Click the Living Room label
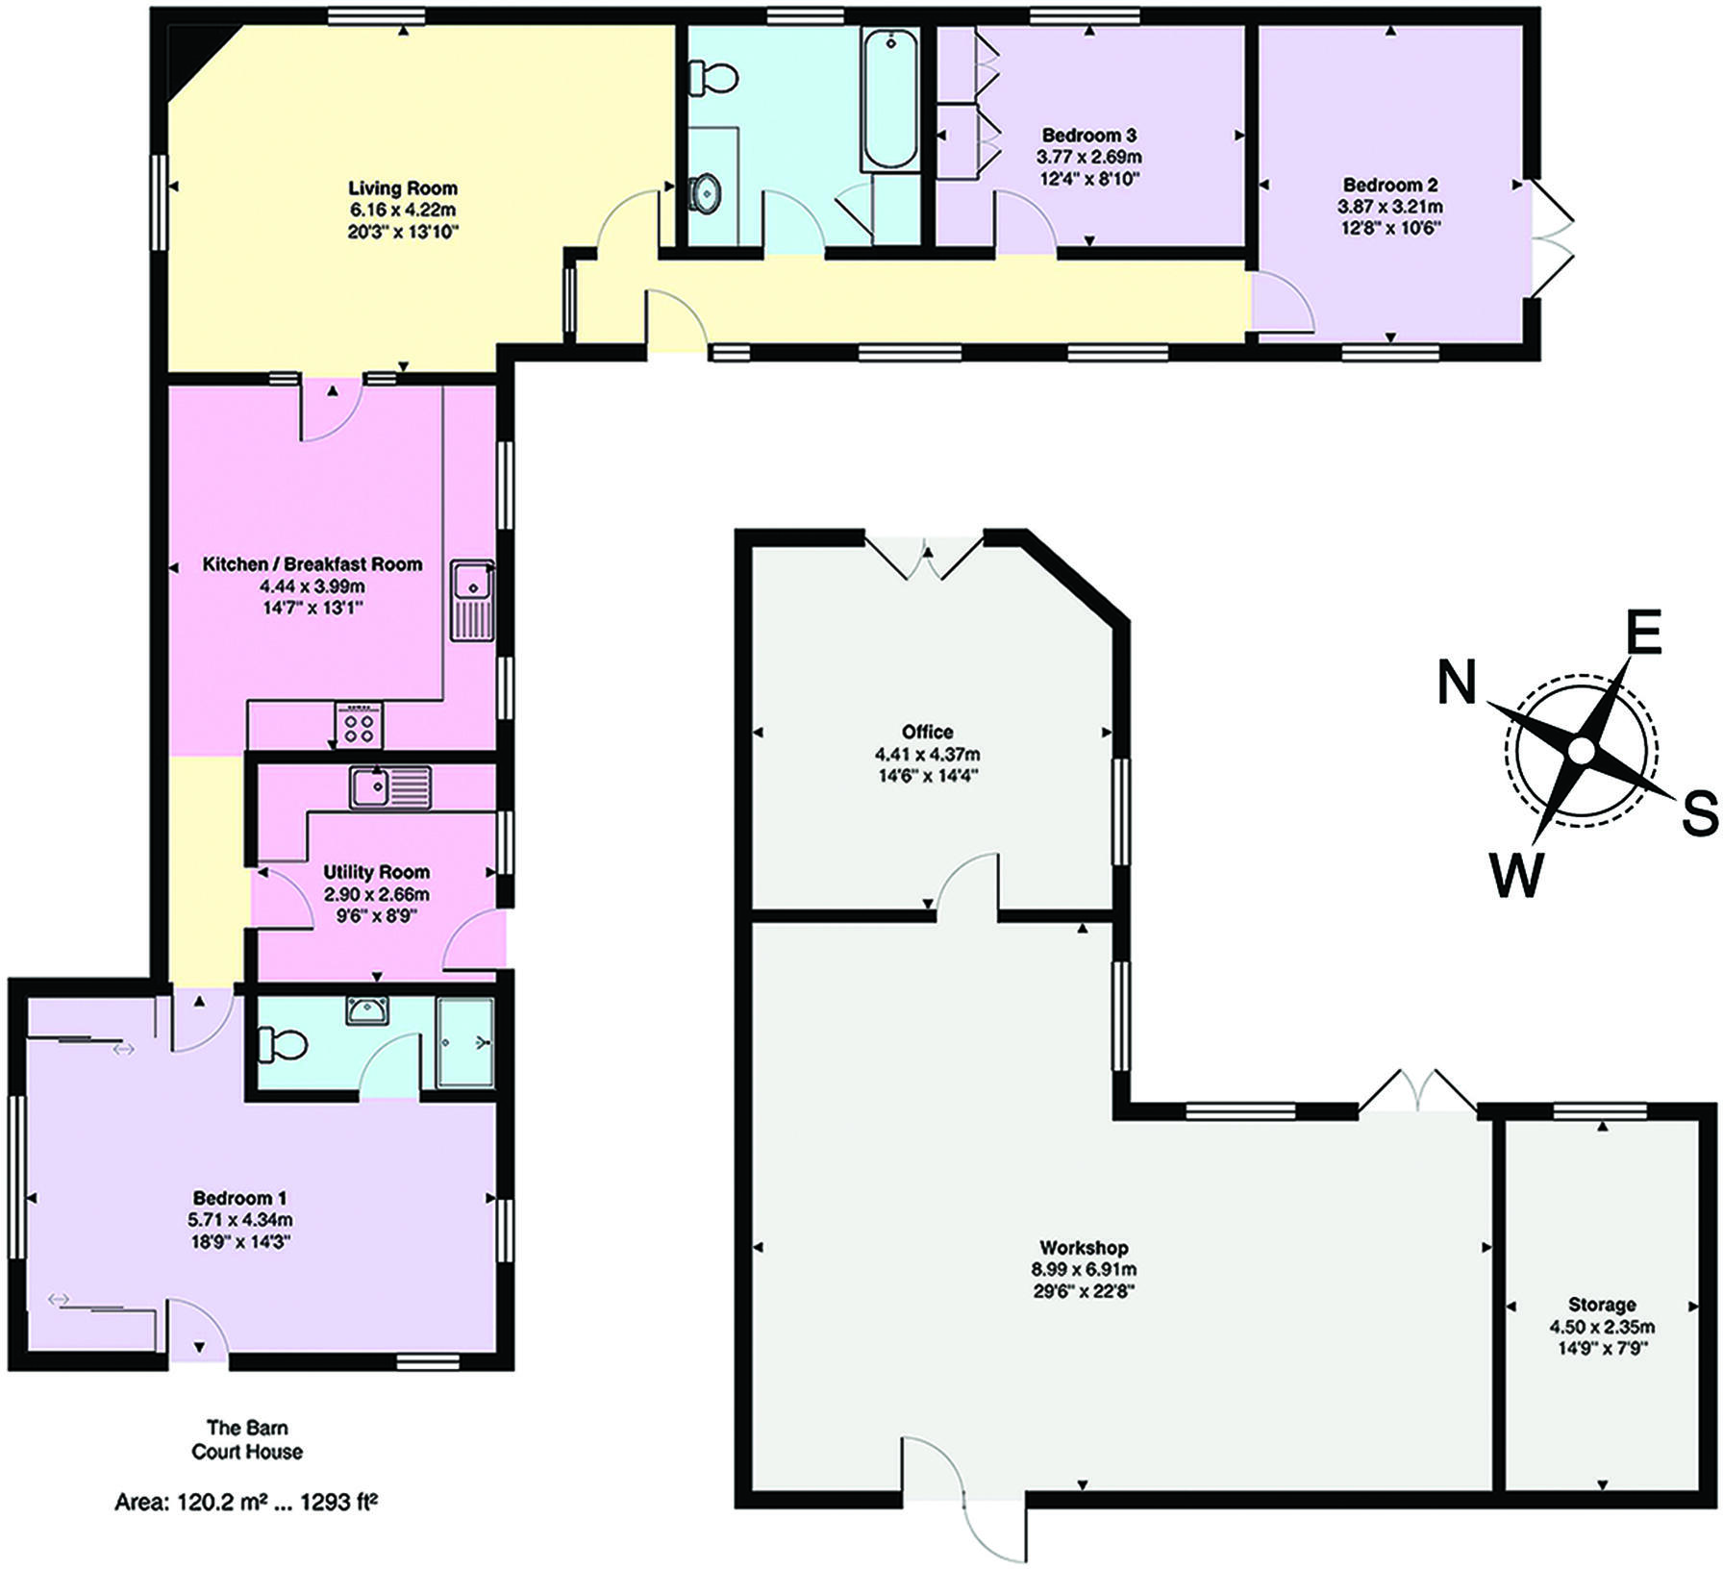click(402, 188)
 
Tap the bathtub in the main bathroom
click(889, 101)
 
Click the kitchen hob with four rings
click(360, 725)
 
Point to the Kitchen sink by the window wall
click(473, 600)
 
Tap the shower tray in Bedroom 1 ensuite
click(465, 1043)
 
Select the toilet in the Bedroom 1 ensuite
click(283, 1043)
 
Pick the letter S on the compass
click(1699, 812)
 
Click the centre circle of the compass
click(1580, 751)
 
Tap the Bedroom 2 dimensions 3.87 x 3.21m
click(1390, 207)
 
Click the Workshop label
click(1084, 1248)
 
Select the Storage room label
click(1602, 1305)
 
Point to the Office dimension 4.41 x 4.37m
click(928, 755)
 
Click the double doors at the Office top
click(926, 558)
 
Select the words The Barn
click(247, 1428)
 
